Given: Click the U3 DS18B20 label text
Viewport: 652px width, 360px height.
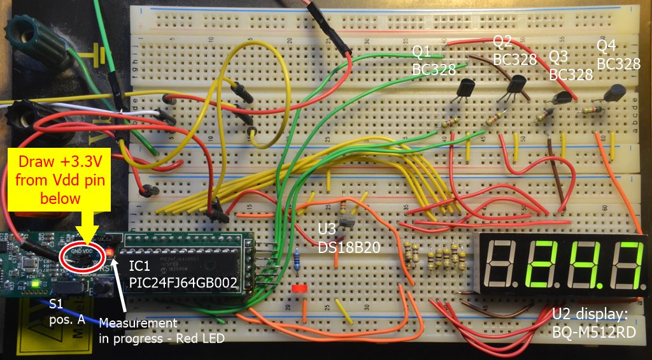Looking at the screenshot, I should [348, 238].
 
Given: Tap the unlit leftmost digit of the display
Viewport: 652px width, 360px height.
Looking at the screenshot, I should [500, 263].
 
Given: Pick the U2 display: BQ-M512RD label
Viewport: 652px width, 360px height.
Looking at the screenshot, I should [598, 322].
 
